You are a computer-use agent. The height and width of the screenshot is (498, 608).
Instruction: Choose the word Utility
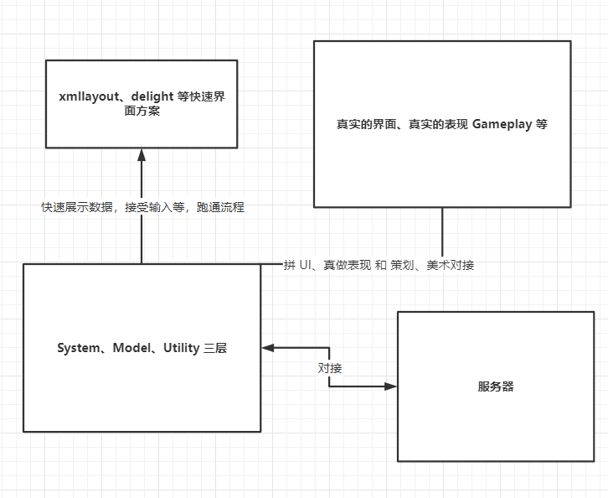pyautogui.click(x=179, y=348)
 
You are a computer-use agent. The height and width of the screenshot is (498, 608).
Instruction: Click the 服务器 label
pyautogui.click(x=496, y=386)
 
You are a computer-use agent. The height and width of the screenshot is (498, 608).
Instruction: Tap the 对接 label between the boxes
pyautogui.click(x=329, y=367)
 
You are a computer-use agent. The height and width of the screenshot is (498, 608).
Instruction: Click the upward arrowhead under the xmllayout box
pyautogui.click(x=142, y=155)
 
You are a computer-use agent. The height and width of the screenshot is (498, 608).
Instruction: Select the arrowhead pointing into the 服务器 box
pyautogui.click(x=390, y=386)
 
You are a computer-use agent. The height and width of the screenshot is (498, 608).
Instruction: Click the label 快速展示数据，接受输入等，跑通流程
pyautogui.click(x=142, y=207)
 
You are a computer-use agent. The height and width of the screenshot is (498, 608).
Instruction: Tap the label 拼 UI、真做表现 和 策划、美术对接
pyautogui.click(x=379, y=265)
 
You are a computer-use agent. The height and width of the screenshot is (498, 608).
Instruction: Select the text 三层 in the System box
pyautogui.click(x=215, y=348)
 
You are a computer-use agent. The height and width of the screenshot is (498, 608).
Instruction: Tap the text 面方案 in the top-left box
pyautogui.click(x=142, y=112)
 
